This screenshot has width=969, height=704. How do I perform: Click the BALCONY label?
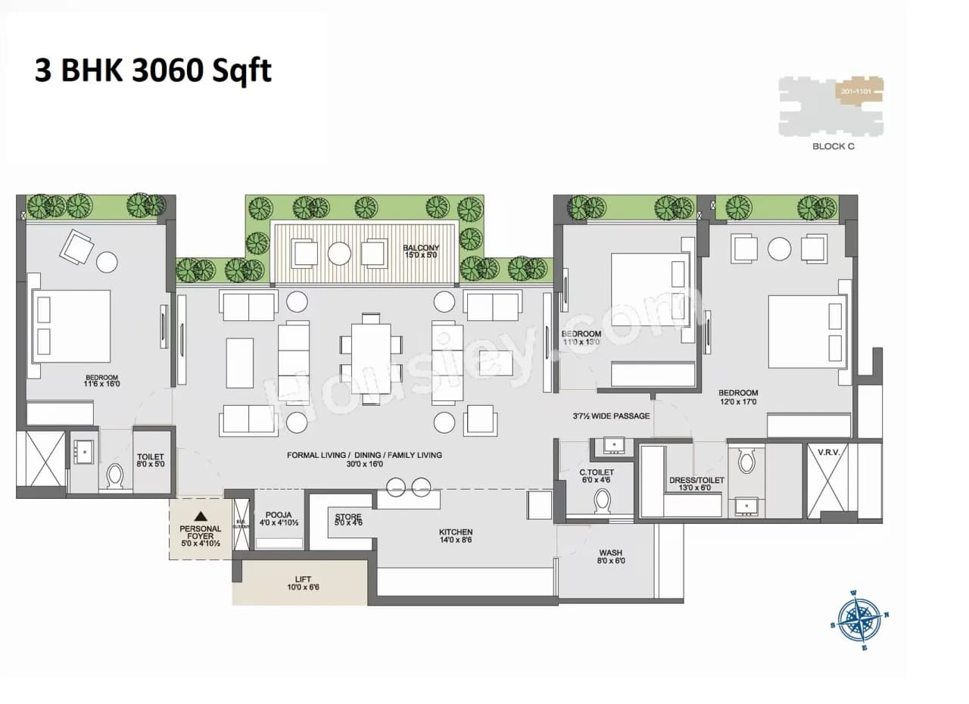(421, 248)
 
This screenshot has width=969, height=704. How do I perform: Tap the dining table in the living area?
(371, 358)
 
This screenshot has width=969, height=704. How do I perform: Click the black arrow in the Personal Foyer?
(200, 516)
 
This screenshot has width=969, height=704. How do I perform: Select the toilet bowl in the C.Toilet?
(603, 500)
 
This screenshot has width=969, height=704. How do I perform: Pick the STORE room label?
(348, 517)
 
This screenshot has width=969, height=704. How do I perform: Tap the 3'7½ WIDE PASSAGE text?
(611, 416)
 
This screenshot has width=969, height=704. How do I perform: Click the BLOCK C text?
(833, 146)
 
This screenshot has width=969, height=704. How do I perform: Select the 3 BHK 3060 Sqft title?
(153, 70)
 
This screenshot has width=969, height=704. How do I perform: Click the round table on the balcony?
(339, 254)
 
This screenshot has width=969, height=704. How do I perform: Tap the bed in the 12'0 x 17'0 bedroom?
(806, 330)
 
